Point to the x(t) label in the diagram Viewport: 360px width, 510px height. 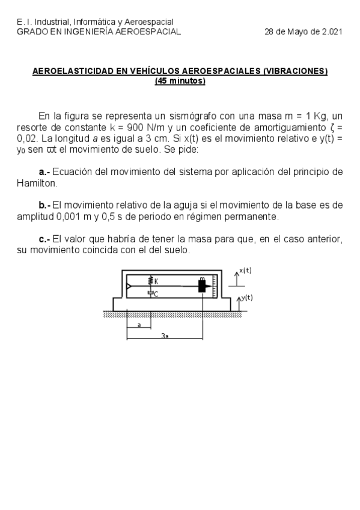click(x=245, y=271)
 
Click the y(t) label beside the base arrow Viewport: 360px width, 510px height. click(x=246, y=298)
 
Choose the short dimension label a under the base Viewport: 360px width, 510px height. click(x=139, y=325)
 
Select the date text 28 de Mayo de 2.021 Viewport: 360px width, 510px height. click(x=304, y=32)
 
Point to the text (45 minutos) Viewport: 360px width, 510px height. click(x=180, y=81)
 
